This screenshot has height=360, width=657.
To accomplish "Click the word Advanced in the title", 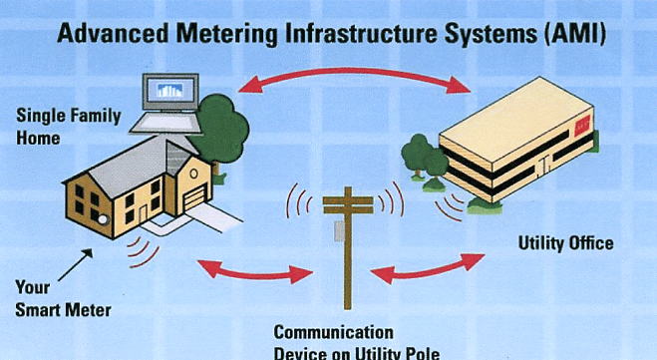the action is point(113,34).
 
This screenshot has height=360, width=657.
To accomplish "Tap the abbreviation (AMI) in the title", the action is point(575,34).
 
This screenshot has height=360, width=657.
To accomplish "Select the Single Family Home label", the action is point(69,127).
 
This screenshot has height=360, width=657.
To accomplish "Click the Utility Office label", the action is point(565,243).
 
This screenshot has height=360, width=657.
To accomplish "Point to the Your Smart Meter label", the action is point(63,299).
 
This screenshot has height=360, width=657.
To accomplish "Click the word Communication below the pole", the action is point(334,332).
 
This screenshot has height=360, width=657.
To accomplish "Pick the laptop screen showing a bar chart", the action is point(170,92).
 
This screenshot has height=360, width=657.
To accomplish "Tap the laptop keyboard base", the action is point(165,124).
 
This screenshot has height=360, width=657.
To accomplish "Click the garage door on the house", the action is point(194,197).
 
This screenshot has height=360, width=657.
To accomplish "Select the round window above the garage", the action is point(193,174).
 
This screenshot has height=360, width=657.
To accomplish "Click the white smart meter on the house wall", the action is point(103,218).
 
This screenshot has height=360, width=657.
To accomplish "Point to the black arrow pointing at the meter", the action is point(76,264).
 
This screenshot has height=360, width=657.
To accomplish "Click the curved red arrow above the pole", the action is point(355,76).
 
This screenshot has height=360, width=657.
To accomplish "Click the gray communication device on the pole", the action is point(339,231).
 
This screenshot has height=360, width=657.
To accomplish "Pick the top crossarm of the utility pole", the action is point(348,200).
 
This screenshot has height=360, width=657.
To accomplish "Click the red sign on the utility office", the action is point(582,126).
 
